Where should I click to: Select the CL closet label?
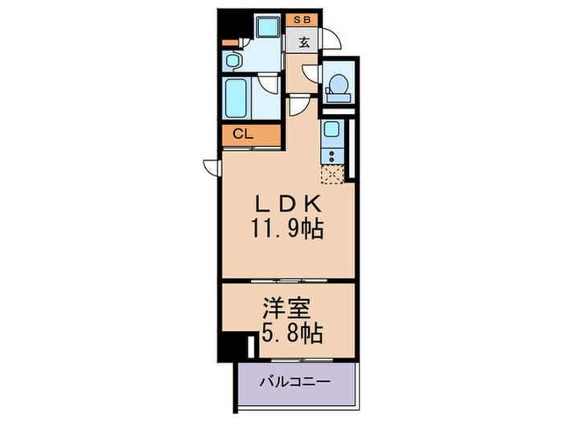click(243, 134)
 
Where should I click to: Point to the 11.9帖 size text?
click(288, 230)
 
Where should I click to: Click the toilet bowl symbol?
click(339, 84)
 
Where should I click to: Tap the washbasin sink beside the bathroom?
click(232, 60)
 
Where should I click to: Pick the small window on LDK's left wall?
click(212, 167)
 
